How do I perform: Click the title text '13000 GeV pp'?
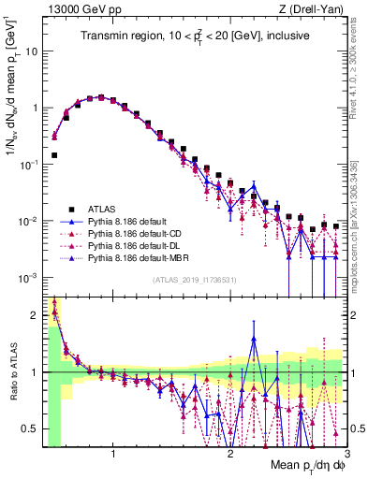tap(74, 8)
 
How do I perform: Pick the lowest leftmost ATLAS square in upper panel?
tap(54, 155)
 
